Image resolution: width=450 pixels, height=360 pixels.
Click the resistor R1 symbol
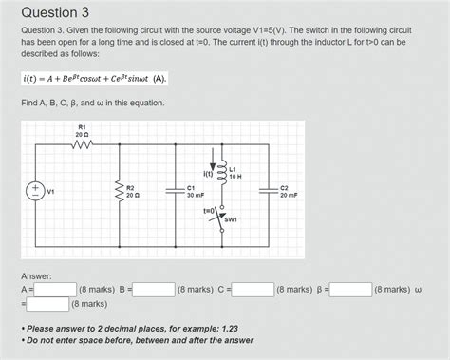pos(82,145)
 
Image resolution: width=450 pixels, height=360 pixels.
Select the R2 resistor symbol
pos(119,193)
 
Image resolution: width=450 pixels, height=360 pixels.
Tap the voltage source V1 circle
pos(34,191)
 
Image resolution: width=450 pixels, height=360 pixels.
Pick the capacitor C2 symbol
pos(271,191)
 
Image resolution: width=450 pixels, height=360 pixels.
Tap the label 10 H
pos(235,177)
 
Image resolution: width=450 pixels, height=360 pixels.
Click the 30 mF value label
pos(194,195)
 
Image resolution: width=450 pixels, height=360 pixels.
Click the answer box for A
pos(55,289)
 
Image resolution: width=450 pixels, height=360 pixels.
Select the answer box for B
pos(154,289)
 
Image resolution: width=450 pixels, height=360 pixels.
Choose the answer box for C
pos(253,289)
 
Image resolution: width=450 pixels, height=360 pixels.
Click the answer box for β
pos(351,289)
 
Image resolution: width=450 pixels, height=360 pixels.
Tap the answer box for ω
pos(47,305)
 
